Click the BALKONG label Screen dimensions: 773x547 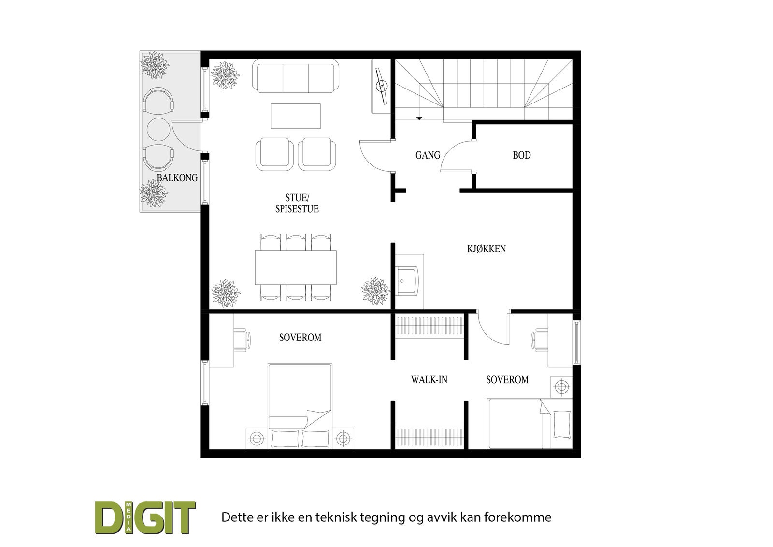pos(177,177)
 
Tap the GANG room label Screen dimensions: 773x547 pos(428,155)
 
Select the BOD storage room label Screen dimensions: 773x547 pos(521,155)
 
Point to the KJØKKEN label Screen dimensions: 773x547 pos(486,249)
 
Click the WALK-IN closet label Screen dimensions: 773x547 pos(429,380)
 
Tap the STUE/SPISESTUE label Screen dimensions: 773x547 pos(297,203)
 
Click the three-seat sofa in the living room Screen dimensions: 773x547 pos(296,76)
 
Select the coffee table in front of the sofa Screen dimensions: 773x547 pos(295,116)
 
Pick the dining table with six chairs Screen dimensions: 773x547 pos(296,267)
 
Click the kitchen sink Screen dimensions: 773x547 pos(408,281)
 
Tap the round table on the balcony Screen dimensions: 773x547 pos(159,129)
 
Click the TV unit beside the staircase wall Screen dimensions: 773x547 pos(381,86)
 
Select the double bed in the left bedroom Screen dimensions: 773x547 pos(300,406)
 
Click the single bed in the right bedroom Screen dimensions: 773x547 pos(530,424)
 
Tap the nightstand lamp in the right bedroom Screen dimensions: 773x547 pos(561,386)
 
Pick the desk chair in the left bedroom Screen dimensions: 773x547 pos(242,340)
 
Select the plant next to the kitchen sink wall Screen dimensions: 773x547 pos(376,291)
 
